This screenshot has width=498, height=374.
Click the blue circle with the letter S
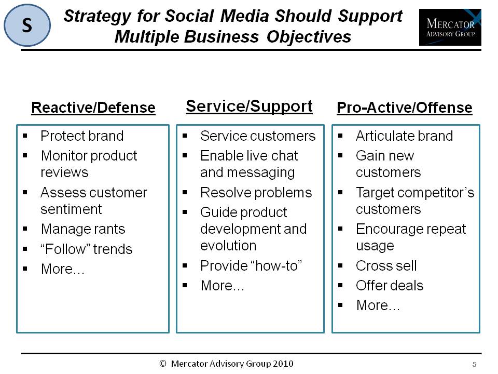click(27, 25)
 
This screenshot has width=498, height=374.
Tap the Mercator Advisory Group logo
click(450, 27)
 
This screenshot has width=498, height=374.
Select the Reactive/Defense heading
click(93, 108)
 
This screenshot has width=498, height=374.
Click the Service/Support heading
click(249, 106)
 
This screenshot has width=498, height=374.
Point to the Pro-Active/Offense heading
click(404, 108)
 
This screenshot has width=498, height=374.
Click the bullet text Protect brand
click(82, 136)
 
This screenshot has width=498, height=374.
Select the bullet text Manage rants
click(83, 229)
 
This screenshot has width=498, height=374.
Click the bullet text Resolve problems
click(256, 193)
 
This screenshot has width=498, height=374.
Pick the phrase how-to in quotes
click(276, 265)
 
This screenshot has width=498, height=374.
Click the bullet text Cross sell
click(386, 265)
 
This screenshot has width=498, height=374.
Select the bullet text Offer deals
click(390, 286)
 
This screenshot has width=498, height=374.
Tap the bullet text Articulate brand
click(404, 136)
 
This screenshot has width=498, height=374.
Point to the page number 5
click(475, 365)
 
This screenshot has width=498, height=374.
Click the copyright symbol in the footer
click(163, 364)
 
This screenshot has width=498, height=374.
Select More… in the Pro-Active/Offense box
click(378, 305)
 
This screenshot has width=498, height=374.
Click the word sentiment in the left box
click(71, 209)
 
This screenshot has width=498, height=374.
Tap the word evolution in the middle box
click(228, 246)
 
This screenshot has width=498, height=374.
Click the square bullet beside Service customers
click(185, 136)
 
